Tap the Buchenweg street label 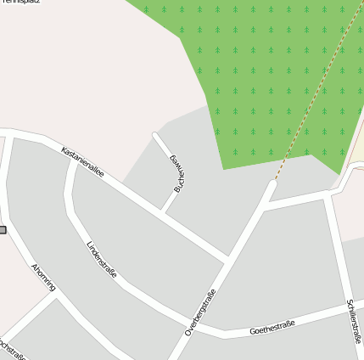[x=177, y=173]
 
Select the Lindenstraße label [x=102, y=260]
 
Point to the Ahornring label [x=42, y=278]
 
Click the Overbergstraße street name [x=201, y=312]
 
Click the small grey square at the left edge [x=3, y=230]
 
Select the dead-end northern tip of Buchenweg [x=155, y=134]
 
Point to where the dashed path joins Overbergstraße [x=272, y=182]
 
